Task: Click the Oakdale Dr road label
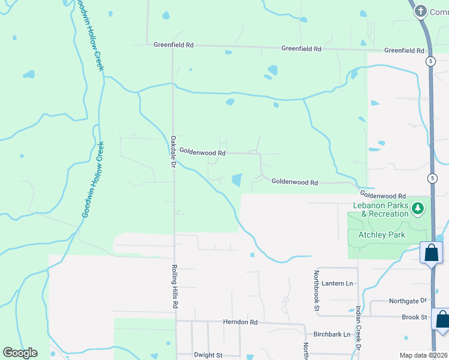click(172, 151)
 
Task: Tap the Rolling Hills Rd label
click(175, 287)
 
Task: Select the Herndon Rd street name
click(240, 322)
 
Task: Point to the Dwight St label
click(208, 355)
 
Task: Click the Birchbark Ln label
click(330, 334)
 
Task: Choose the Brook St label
click(415, 317)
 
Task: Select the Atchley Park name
click(381, 235)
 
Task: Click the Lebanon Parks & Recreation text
click(381, 209)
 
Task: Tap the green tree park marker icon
click(418, 209)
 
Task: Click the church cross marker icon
click(421, 11)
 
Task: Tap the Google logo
click(20, 353)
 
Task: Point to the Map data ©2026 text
click(424, 355)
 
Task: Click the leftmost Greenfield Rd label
click(173, 45)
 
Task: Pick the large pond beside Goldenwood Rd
click(237, 179)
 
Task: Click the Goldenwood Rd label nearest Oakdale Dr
click(202, 153)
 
